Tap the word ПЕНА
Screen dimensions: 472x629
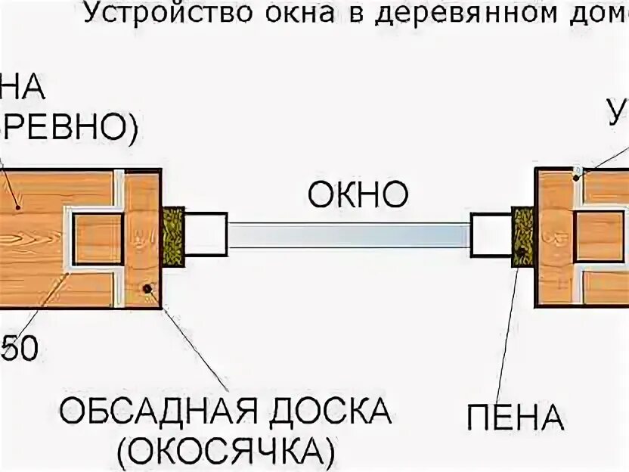[515, 417]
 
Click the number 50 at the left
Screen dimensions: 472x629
[18, 351]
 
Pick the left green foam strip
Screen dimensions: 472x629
[173, 236]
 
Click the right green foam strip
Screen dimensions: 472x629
[522, 235]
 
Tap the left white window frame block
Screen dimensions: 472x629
[206, 235]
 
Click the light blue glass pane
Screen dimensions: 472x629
[349, 235]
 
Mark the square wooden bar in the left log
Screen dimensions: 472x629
[98, 238]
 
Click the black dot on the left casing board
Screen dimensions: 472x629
[148, 289]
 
